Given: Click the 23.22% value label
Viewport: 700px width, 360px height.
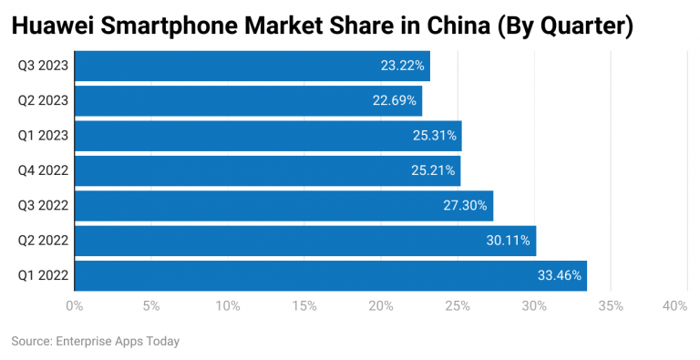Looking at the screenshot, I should click(x=402, y=67).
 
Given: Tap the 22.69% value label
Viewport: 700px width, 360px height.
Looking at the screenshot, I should click(x=395, y=101).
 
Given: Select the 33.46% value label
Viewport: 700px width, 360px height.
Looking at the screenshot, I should click(x=559, y=274).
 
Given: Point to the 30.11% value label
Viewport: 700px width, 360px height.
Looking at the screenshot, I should click(x=509, y=240).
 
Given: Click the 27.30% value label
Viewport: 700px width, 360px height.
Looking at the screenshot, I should click(x=466, y=205).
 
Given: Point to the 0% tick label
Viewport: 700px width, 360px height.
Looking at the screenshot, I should click(x=75, y=306).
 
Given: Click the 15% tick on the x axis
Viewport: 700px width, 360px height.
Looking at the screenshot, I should click(x=304, y=306).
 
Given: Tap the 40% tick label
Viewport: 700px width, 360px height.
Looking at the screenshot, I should click(x=674, y=306).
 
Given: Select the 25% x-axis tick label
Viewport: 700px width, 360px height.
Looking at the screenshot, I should click(x=458, y=306).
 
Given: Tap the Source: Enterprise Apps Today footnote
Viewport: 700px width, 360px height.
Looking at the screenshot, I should click(x=96, y=341).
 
